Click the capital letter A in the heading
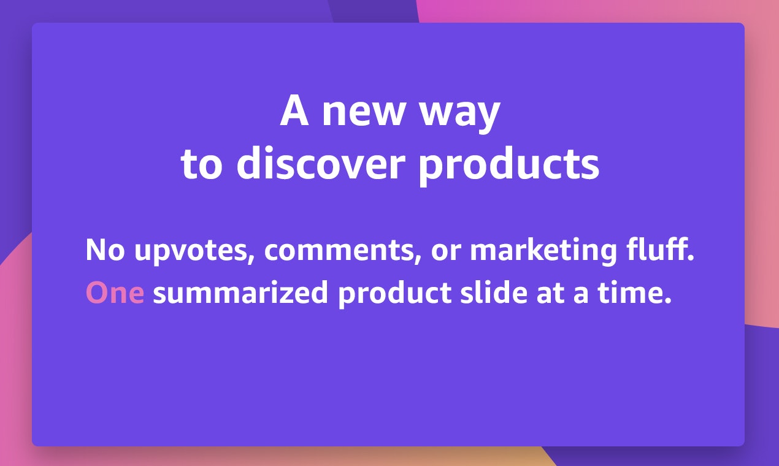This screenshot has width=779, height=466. [294, 110]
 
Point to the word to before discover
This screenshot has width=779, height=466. [201, 164]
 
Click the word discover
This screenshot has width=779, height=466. [321, 162]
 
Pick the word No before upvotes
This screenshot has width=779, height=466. [105, 250]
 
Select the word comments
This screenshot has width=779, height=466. [342, 250]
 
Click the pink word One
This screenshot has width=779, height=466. [115, 292]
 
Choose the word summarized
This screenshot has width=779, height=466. [240, 292]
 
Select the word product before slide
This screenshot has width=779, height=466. [395, 294]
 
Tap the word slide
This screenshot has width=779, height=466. [494, 292]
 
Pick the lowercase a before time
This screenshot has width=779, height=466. [581, 296]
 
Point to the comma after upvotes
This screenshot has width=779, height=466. [251, 260]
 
